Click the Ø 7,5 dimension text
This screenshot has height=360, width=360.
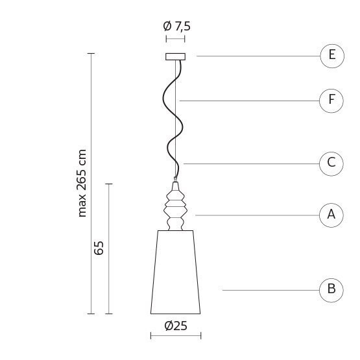tap(177, 26)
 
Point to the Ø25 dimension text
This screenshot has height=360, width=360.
tap(176, 326)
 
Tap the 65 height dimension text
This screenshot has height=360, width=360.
tap(99, 248)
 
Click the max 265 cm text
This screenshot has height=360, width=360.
tap(82, 183)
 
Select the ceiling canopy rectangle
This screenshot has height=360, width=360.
tap(175, 56)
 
